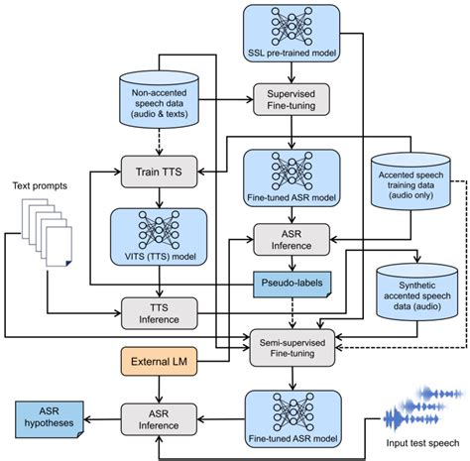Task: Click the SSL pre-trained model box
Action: point(292,35)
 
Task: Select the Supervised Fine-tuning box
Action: point(292,100)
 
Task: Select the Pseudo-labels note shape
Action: point(292,284)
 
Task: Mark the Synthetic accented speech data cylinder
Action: point(411,286)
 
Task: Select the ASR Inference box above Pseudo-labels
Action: point(292,237)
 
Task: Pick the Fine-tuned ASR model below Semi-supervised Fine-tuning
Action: point(292,415)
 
